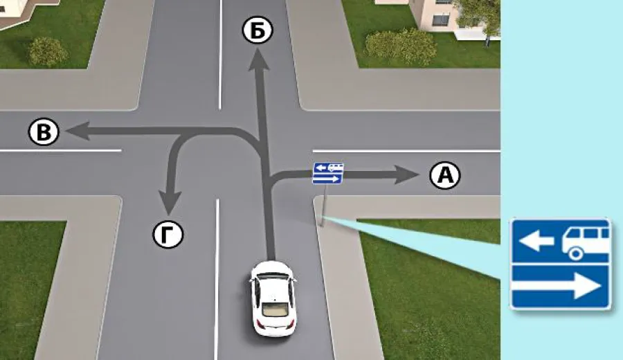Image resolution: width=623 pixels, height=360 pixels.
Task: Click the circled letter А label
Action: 445,175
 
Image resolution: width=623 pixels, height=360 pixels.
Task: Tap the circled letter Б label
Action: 258,30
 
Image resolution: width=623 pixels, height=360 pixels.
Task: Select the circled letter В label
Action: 44,132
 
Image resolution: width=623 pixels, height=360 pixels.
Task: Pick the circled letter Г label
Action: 168,235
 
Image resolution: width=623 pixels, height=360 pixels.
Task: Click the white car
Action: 273,298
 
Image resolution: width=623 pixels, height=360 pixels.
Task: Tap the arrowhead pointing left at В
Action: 78,131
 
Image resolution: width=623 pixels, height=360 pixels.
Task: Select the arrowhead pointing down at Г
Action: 170,204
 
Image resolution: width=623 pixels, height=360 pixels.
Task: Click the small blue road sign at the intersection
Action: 328,173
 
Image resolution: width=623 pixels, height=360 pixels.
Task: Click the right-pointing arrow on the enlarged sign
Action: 557,285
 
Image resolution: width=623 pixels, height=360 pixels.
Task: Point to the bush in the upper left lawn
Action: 48,52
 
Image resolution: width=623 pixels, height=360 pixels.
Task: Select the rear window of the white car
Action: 274,309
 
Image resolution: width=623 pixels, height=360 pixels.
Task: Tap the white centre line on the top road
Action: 220,55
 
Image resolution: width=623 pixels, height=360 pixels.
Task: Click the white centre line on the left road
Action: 60,151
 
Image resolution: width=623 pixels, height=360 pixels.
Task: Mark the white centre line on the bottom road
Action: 217,279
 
